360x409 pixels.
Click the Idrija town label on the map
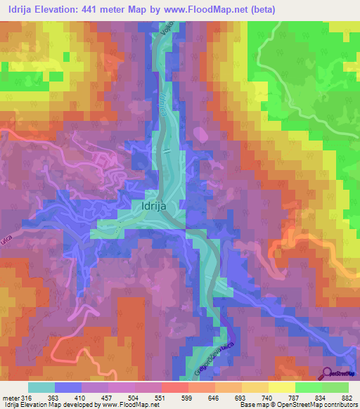point(153,209)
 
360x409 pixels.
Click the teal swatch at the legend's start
point(41,387)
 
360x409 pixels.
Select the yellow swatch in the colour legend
point(281,387)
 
